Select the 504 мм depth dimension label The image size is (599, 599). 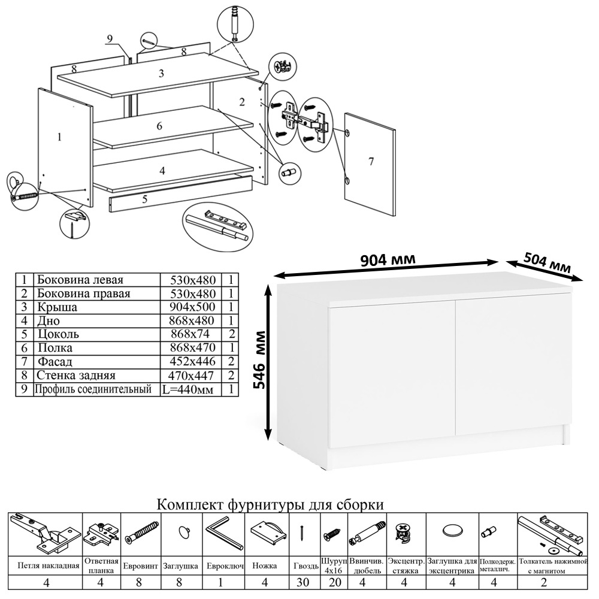pyautogui.click(x=546, y=262)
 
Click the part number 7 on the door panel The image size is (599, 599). pyautogui.click(x=371, y=161)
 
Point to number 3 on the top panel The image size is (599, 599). pyautogui.click(x=161, y=74)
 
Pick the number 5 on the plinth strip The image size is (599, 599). pyautogui.click(x=145, y=199)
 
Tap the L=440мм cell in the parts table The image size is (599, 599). pyautogui.click(x=188, y=389)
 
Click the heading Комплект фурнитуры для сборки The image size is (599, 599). pyautogui.click(x=270, y=504)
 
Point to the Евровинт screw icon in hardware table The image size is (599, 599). pyautogui.click(x=142, y=532)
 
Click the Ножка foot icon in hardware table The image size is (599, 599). pyautogui.click(x=265, y=531)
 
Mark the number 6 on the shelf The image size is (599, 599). pyautogui.click(x=159, y=126)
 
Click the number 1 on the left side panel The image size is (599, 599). pyautogui.click(x=59, y=137)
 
